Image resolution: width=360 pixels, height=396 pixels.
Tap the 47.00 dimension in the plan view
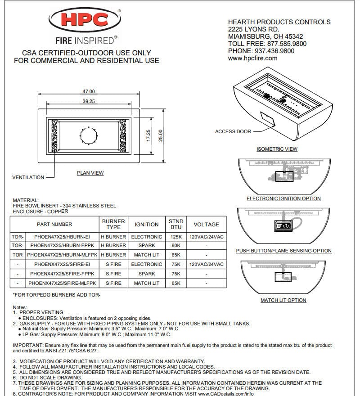pos(88,92)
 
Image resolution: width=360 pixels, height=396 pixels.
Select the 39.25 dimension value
pos(88,102)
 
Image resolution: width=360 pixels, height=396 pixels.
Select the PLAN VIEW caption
pos(90,173)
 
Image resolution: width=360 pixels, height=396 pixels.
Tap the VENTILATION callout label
pos(28,178)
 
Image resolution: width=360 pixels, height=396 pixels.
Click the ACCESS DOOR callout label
pos(233,131)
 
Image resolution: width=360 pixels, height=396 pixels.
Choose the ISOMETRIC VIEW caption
pos(277,149)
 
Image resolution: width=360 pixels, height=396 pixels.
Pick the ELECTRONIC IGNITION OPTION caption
pos(283,198)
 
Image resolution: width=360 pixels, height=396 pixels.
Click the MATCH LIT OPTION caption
pos(283,300)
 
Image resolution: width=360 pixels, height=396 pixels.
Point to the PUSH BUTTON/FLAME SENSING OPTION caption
pos(283,251)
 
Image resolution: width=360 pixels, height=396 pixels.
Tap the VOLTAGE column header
pos(206,224)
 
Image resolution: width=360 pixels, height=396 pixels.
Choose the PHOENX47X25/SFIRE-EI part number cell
pos(62,265)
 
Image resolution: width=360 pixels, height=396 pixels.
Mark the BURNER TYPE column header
pos(113,224)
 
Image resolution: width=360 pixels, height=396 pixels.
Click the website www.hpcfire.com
pos(252,58)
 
